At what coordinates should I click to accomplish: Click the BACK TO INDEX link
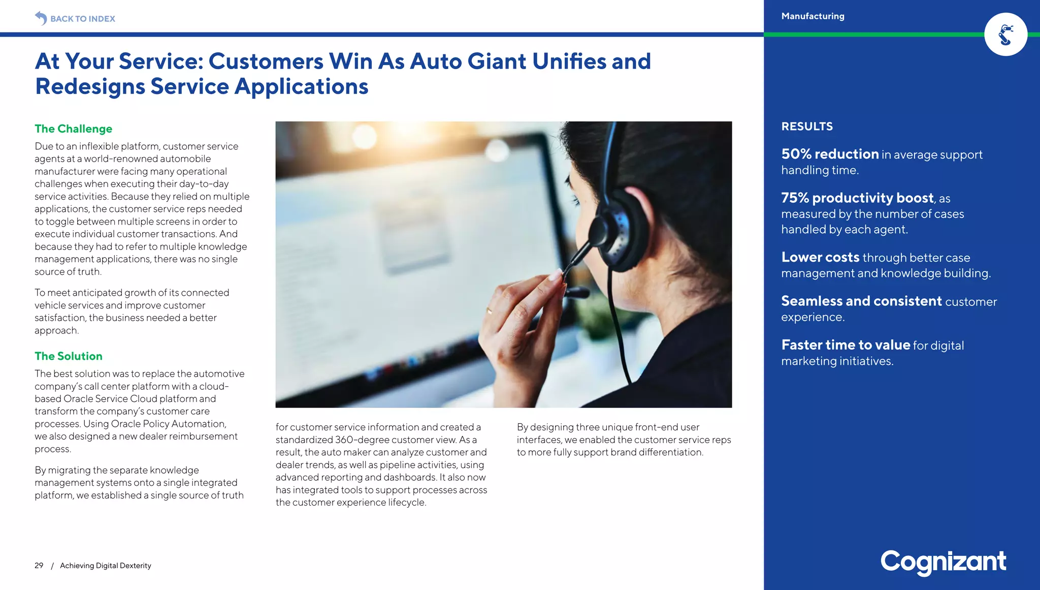click(82, 19)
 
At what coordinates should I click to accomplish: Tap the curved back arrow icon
click(41, 18)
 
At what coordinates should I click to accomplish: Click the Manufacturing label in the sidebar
click(812, 16)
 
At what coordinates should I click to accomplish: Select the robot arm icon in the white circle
click(1005, 35)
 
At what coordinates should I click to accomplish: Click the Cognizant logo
click(943, 562)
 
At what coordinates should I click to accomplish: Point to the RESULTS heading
click(807, 127)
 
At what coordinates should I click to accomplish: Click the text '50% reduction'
click(830, 154)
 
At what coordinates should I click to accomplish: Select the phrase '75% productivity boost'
click(857, 198)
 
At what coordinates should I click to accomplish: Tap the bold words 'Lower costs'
click(820, 257)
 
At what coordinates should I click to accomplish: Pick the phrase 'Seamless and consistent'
click(861, 301)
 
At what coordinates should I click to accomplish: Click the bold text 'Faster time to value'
click(846, 345)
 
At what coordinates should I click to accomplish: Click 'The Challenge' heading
click(74, 129)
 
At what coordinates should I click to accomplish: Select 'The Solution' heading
click(69, 356)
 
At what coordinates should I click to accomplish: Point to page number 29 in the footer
click(39, 566)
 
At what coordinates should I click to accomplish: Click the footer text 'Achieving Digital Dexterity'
click(106, 566)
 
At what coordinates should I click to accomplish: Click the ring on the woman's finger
click(489, 309)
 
